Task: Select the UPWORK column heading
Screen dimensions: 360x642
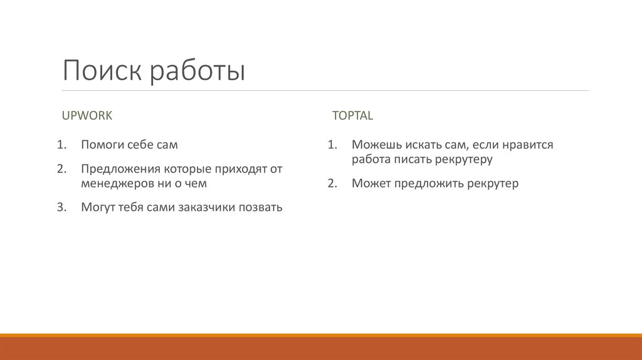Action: (87, 115)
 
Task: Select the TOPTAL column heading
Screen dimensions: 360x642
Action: (352, 115)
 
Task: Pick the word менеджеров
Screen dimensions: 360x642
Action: (115, 184)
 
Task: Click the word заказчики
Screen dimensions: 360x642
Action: (204, 208)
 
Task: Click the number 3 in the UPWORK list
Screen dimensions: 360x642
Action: (61, 208)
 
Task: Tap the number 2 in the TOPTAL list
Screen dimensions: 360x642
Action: (332, 184)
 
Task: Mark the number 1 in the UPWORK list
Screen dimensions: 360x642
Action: (61, 145)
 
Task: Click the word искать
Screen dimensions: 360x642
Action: (418, 145)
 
